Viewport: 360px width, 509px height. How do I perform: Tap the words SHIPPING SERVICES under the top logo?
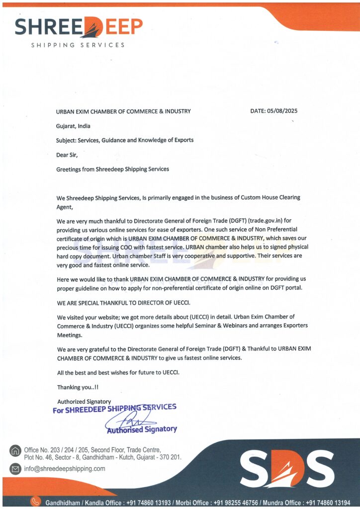coord(78,45)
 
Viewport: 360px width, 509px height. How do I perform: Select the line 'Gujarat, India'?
coord(73,126)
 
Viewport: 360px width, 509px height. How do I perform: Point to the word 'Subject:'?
coord(66,140)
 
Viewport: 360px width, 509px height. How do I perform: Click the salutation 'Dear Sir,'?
coord(67,154)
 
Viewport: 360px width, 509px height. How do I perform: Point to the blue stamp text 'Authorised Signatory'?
coord(142,429)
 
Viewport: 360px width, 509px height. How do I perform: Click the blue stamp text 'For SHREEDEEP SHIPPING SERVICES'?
coord(114,409)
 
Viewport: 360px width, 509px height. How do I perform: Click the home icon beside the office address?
coord(15,451)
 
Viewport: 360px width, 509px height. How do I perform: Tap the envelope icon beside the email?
coord(15,469)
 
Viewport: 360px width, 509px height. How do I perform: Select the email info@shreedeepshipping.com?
coord(65,469)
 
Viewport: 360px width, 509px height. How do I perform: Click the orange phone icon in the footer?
coord(35,502)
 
